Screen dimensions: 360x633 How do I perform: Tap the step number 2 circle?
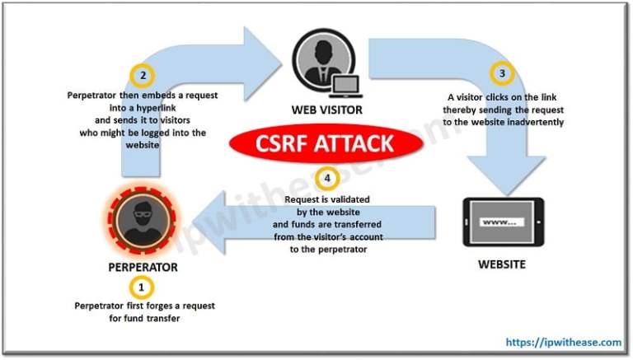coord(143,77)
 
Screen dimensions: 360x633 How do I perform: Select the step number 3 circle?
coord(501,74)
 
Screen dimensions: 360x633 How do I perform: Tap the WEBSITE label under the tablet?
coord(501,265)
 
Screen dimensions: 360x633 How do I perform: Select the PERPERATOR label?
coord(143,268)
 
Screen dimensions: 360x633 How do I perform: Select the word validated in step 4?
coord(343,199)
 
